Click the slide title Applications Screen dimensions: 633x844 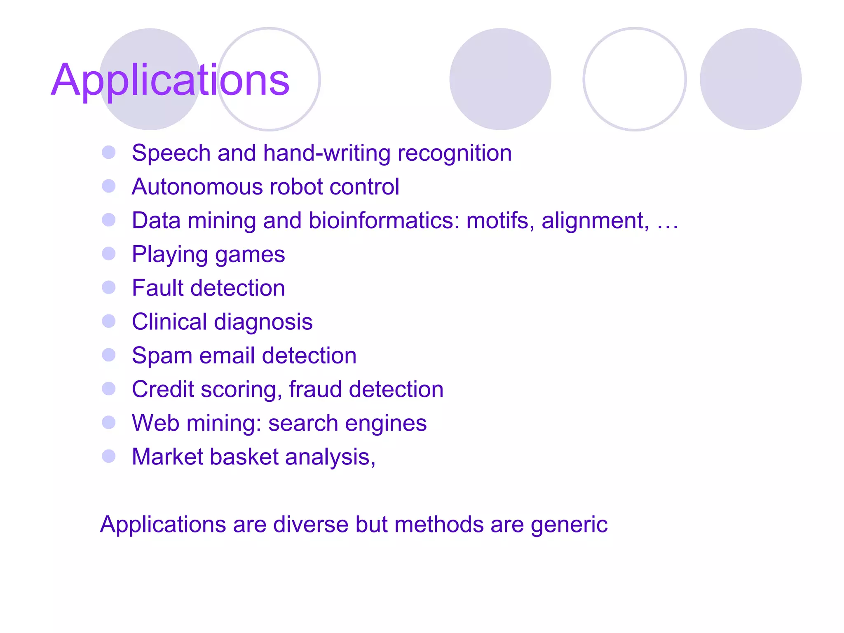tap(170, 80)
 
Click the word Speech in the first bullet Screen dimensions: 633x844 tap(171, 153)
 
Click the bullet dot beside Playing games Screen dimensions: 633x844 tap(109, 253)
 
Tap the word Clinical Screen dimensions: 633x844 tap(169, 321)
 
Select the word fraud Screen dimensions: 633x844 tap(315, 389)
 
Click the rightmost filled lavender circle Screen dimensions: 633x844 tap(750, 79)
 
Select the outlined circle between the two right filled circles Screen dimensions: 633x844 tap(635, 79)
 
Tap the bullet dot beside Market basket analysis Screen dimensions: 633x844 tap(109, 456)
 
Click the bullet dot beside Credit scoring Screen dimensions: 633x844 tap(109, 389)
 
